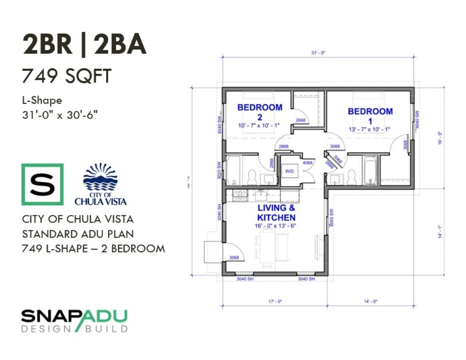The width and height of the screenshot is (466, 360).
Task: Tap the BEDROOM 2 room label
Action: [x=260, y=112]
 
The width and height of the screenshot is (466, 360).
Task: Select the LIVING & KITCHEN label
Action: [x=276, y=213]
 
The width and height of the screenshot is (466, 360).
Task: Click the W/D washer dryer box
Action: [x=289, y=170]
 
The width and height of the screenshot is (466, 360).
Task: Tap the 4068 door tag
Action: [x=307, y=163]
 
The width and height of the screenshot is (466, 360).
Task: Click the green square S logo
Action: [x=42, y=185]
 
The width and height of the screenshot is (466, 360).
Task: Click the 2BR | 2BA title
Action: [x=84, y=45]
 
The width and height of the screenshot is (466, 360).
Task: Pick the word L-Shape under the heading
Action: [x=42, y=100]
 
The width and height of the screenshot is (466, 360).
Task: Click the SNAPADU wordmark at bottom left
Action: [x=74, y=317]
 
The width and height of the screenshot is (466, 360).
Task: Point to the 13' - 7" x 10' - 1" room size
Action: [x=370, y=130]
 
